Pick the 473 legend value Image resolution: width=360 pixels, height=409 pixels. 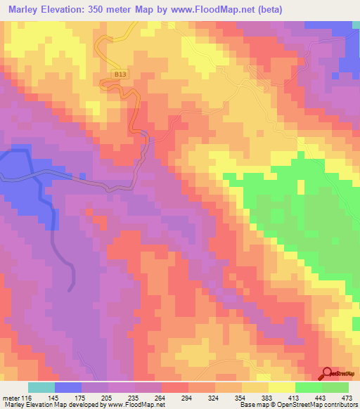[x=346, y=398]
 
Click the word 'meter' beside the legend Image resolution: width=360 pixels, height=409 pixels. [x=11, y=398]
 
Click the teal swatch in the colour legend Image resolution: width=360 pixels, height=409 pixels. [x=41, y=387]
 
